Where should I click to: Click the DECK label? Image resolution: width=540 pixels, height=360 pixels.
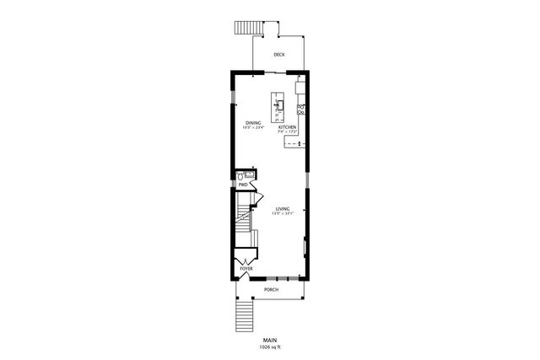click(x=278, y=55)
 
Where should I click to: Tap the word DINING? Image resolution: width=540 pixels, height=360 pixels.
click(x=253, y=123)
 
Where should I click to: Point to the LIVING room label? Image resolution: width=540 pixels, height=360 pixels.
click(x=283, y=208)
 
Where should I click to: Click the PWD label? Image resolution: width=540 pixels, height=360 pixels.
click(x=242, y=185)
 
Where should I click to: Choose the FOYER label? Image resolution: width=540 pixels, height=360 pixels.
click(x=246, y=269)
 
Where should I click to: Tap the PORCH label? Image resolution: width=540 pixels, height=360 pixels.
click(x=271, y=289)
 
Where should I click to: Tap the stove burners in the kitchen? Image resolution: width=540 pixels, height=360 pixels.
click(x=300, y=108)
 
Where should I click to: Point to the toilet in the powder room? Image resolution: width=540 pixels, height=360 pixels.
click(x=240, y=176)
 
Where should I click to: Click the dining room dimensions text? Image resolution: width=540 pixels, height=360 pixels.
click(x=253, y=128)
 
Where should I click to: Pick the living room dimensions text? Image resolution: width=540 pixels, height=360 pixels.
click(x=283, y=213)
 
